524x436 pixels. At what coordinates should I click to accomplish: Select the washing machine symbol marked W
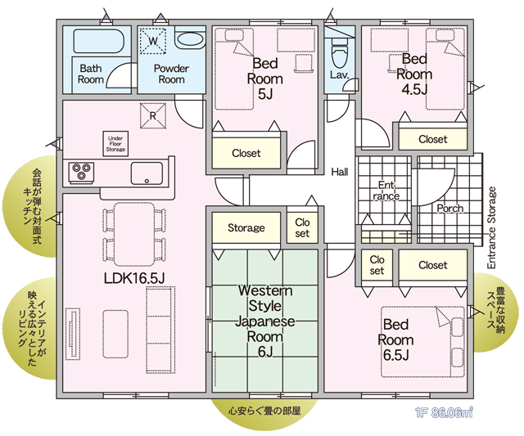[153, 41]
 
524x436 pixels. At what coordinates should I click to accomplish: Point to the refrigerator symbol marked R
[153, 115]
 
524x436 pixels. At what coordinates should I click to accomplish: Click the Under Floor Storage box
[115, 144]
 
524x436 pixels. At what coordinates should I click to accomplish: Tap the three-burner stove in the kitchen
[81, 173]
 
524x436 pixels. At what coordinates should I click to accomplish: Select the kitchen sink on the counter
[147, 173]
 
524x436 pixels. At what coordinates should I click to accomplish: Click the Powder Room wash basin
[190, 39]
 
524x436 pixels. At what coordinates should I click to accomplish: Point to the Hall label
[340, 172]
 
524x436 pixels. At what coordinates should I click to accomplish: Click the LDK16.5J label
[134, 278]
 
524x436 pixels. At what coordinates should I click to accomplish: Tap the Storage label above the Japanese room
[246, 227]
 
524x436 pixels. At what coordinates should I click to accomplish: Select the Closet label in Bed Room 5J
[246, 153]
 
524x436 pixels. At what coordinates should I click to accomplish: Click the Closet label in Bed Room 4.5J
[433, 139]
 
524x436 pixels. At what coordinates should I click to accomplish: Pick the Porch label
[450, 209]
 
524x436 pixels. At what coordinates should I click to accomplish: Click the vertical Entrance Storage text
[491, 227]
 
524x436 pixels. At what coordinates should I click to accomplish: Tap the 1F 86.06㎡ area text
[444, 413]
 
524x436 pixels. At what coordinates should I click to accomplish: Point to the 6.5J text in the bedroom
[396, 355]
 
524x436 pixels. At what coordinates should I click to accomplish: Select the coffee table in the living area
[115, 335]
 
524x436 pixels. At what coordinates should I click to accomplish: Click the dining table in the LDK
[134, 234]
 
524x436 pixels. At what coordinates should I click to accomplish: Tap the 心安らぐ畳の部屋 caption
[264, 411]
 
